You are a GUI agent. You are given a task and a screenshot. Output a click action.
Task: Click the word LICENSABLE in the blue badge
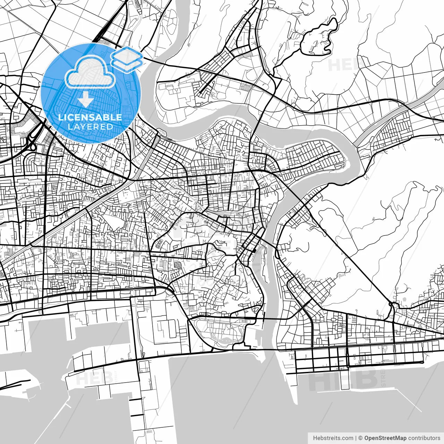pyautogui.click(x=90, y=117)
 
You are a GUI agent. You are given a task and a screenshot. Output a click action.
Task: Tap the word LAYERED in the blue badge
pyautogui.click(x=90, y=127)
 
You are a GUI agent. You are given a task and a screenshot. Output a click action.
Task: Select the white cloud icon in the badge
pyautogui.click(x=90, y=71)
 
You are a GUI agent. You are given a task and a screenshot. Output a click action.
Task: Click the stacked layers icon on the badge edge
pyautogui.click(x=127, y=59)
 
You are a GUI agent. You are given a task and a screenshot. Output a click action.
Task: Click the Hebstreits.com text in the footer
pyautogui.click(x=333, y=438)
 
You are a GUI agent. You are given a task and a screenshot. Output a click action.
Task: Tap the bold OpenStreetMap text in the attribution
pyautogui.click(x=385, y=438)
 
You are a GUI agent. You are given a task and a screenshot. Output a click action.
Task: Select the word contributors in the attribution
pyautogui.click(x=424, y=438)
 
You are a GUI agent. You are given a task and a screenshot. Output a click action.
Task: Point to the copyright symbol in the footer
pyautogui.click(x=360, y=438)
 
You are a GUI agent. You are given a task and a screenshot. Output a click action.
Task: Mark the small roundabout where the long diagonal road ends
pyautogui.click(x=391, y=304)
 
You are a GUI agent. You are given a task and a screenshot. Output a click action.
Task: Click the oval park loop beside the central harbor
pyautogui.click(x=219, y=331)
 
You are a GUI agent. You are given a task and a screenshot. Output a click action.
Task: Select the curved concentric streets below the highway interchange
pyautogui.click(x=33, y=162)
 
